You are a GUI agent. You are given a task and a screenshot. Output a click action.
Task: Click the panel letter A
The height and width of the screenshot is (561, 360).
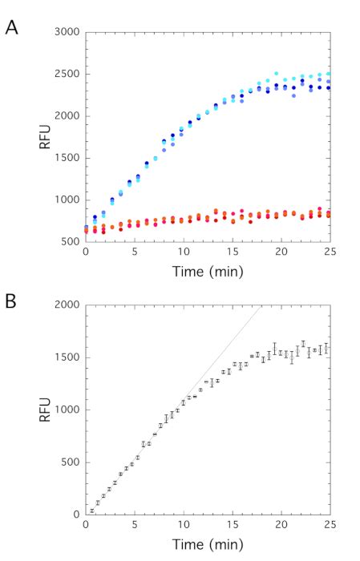(12, 26)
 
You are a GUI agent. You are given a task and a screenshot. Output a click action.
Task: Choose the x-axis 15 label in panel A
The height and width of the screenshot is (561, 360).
(232, 252)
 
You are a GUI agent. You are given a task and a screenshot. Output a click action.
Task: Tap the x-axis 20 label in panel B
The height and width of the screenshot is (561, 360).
(280, 525)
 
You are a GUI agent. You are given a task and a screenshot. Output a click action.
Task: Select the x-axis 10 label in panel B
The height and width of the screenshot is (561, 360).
(183, 525)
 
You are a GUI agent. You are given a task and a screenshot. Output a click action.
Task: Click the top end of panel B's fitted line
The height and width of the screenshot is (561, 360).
(262, 305)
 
